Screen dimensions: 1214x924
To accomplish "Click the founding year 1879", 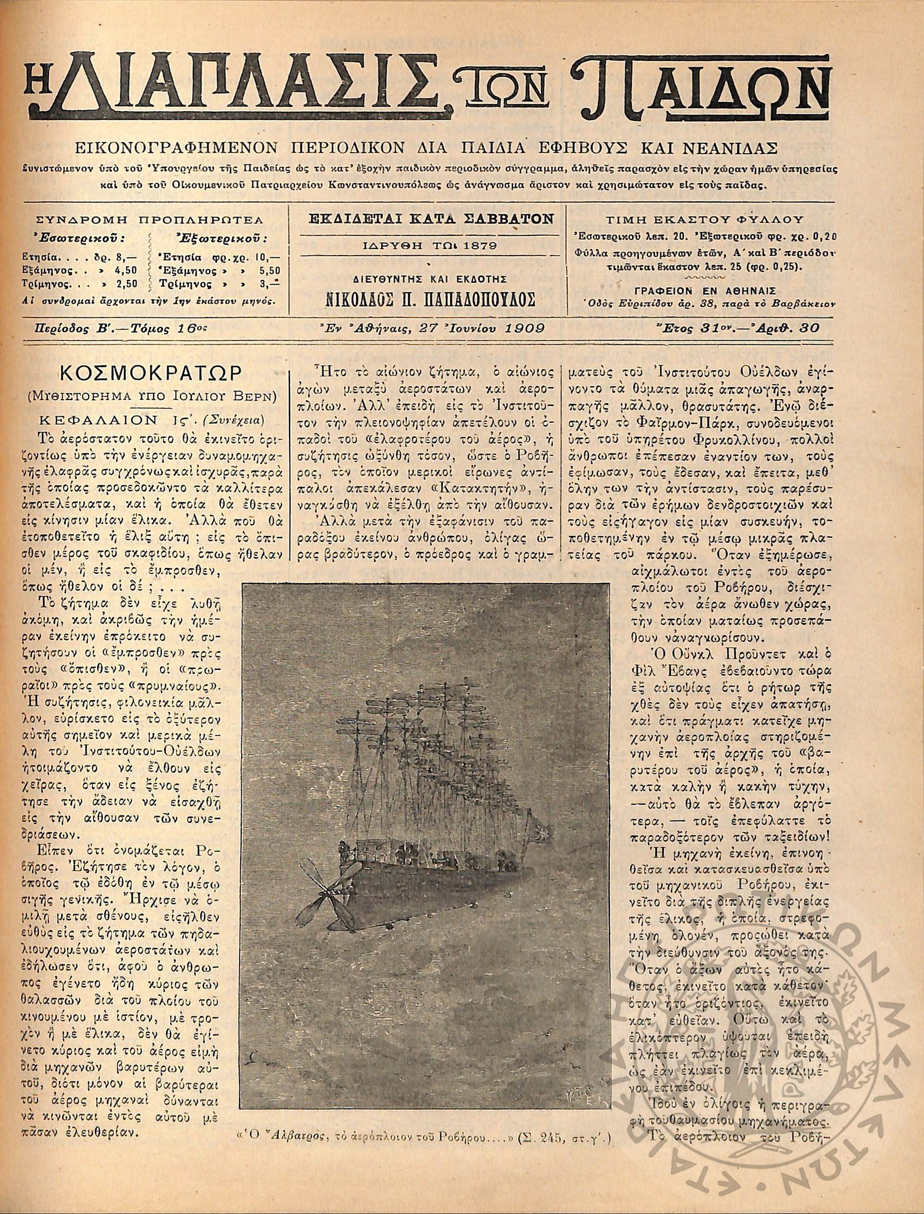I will (482, 245).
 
